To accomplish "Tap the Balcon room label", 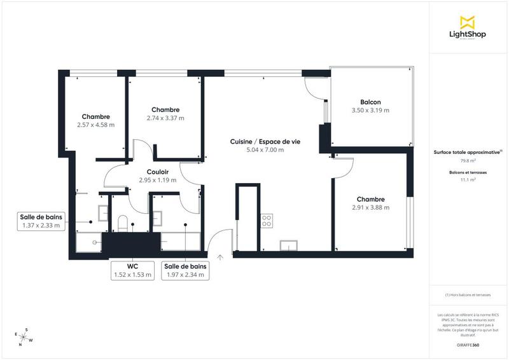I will click(370, 102).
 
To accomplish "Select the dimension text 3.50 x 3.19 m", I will click(370, 110).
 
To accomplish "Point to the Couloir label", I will click(157, 171).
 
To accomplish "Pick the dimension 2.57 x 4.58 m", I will click(95, 125).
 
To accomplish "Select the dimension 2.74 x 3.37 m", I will click(165, 118).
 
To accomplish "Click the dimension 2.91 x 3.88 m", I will click(370, 207).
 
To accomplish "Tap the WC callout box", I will click(133, 270).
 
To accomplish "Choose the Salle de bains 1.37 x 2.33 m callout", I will click(41, 221).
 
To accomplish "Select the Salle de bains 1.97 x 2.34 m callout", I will click(185, 270).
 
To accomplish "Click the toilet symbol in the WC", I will click(124, 223).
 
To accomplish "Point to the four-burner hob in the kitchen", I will click(267, 221).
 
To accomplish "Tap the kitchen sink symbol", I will click(289, 246).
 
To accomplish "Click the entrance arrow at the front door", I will click(220, 258).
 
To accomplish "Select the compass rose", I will click(24, 337).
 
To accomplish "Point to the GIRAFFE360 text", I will click(468, 344).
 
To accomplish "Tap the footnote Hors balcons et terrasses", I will click(468, 294).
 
